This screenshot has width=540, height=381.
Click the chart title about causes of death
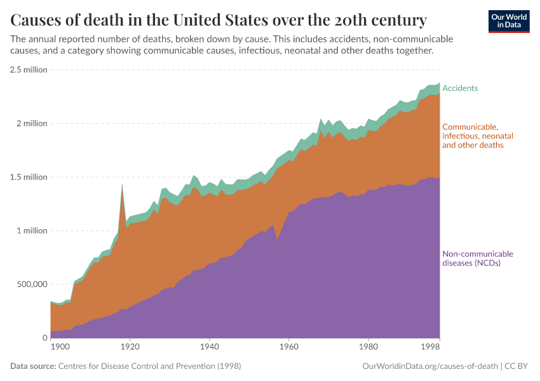219,19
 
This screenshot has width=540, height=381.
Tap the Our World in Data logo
508,21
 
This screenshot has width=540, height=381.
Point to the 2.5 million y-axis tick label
29,70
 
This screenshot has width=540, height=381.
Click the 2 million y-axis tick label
32,123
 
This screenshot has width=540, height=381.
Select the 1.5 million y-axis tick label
29,177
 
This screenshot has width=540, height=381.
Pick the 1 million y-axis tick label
32,231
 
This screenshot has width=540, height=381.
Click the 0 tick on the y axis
44,338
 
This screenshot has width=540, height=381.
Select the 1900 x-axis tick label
60,347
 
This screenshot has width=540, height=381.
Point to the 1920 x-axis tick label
130,347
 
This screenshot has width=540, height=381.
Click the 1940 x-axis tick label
209,347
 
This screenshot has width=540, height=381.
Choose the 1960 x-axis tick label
288,347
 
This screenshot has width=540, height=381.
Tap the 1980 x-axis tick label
368,347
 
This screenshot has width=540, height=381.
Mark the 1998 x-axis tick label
431,347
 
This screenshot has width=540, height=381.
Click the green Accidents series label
460,88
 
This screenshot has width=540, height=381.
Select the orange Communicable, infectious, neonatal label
477,136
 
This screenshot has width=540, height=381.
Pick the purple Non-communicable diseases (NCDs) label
477,258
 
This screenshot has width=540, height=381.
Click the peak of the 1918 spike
122,185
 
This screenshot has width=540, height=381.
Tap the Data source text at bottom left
126,366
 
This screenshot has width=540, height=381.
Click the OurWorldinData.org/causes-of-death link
429,366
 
